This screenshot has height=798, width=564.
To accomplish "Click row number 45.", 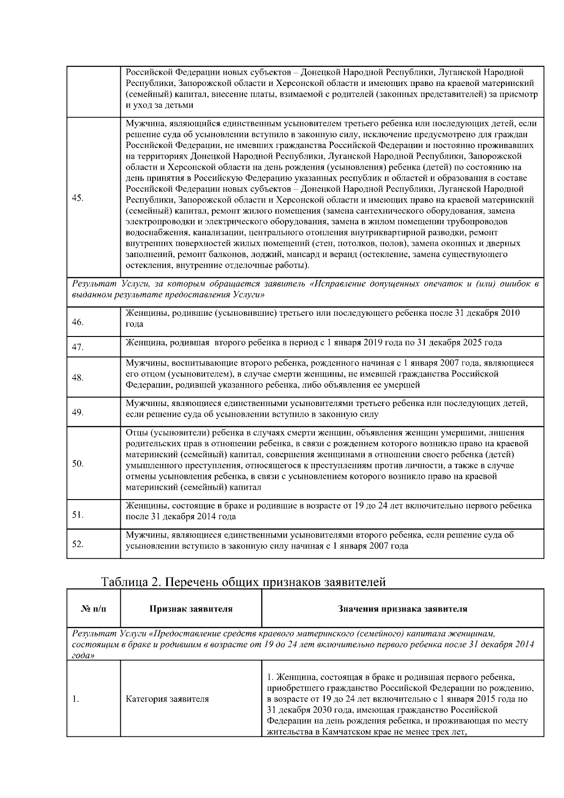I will pos(78,197).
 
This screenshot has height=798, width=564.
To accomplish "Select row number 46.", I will pos(78,322).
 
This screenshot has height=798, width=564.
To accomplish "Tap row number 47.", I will pos(78,348).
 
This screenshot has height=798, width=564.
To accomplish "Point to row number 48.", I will pos(78,378).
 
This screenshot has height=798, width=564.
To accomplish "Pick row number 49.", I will pos(78,413).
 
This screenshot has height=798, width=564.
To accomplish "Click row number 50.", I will pos(78,464).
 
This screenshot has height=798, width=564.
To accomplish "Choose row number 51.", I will pos(78,515).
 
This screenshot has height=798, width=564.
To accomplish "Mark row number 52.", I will pos(78,544).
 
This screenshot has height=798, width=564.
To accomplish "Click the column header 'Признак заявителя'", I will pos(191,609).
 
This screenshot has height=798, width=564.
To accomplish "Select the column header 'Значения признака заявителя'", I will pos(402,609).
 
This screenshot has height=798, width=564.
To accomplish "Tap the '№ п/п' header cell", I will pos(94,609).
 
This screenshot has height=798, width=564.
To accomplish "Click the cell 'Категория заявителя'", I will pos(167,699).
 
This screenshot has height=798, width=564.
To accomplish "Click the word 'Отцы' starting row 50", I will pos(136,433).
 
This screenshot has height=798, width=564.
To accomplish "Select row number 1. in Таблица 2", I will pos(75,699).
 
